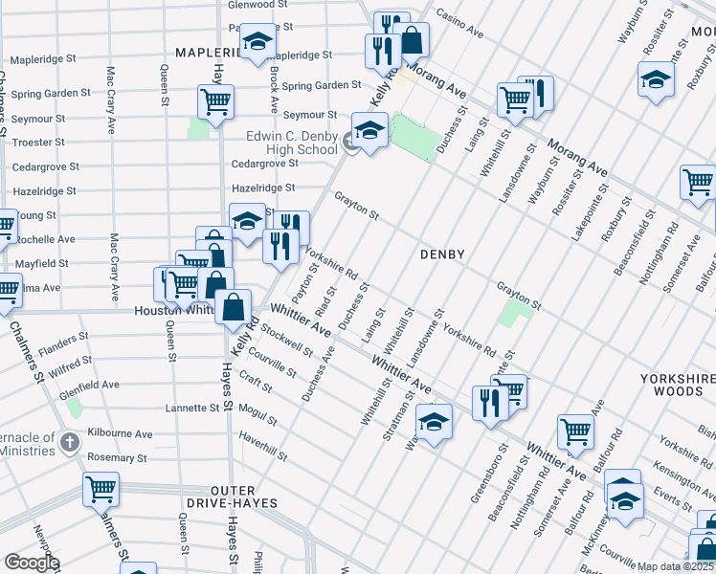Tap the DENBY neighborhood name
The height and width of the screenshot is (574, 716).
pyautogui.click(x=442, y=255)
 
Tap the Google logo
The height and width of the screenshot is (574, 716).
pyautogui.click(x=32, y=563)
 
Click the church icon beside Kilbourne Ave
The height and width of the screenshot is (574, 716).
pyautogui.click(x=69, y=442)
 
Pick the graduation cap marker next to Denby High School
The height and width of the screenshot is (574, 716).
pyautogui.click(x=369, y=130)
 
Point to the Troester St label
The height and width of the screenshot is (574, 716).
pyautogui.click(x=38, y=143)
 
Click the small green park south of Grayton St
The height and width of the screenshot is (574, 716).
pyautogui.click(x=517, y=315)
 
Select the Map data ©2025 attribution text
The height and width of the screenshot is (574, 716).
pyautogui.click(x=673, y=566)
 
